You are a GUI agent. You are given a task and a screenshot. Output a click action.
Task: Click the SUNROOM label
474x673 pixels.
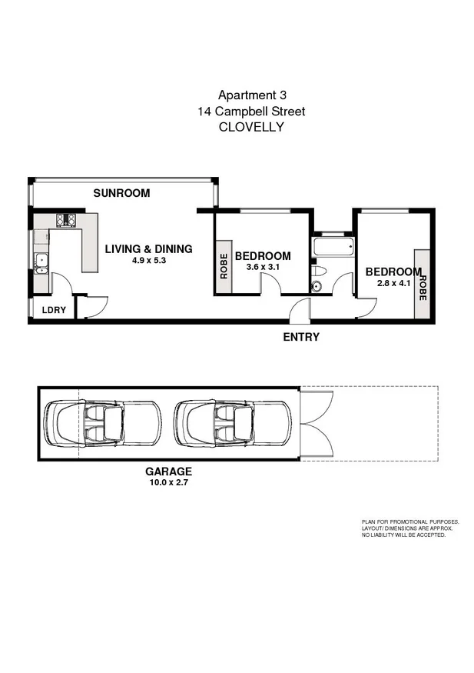[x=121, y=193]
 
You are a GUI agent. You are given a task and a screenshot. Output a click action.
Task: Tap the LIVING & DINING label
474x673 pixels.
[x=148, y=248]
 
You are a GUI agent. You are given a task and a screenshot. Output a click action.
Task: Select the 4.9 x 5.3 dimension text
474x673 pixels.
[x=148, y=261]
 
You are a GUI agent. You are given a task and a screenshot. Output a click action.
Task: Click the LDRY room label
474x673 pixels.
[x=53, y=310]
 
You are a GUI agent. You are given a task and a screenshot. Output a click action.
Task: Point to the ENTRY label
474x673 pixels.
[x=301, y=337]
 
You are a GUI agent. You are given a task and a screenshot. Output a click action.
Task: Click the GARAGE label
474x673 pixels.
[x=168, y=471]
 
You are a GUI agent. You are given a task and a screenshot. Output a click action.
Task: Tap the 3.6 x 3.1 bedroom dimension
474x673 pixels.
[x=263, y=268]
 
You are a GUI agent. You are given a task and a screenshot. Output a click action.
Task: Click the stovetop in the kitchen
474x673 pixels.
[x=67, y=221]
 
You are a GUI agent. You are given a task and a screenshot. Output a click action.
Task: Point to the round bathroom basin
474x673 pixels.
[x=317, y=288]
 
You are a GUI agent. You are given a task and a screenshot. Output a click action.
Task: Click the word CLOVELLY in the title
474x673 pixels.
[x=250, y=128]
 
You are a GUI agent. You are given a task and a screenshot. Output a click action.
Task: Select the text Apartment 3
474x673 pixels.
[x=250, y=95]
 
